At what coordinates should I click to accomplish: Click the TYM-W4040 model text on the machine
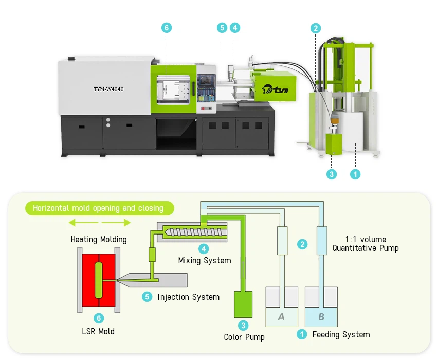108,89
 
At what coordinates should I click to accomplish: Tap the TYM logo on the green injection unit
275,88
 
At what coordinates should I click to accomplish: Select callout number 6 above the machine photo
166,28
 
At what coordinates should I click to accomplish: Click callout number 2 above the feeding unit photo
316,28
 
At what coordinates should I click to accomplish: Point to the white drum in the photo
354,132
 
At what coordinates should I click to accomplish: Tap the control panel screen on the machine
206,83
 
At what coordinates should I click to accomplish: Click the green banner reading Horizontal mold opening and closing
98,208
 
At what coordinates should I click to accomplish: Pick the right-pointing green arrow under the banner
116,223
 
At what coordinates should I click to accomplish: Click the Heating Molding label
99,240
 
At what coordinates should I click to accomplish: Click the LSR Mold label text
99,331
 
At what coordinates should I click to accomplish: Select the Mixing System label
205,260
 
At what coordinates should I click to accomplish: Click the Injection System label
188,297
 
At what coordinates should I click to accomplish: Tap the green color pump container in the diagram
244,304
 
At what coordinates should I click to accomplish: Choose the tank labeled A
281,311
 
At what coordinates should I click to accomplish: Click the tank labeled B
321,311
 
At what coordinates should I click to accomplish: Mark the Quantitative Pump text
365,248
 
